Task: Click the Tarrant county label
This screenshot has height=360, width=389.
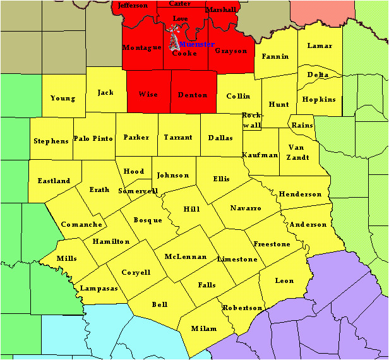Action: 177,138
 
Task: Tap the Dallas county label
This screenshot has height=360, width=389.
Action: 220,138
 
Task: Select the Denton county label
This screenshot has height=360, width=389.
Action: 193,95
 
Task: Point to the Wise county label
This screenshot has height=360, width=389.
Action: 148,95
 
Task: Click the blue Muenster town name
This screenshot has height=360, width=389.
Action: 196,44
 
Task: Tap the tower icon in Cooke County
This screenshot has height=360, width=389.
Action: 172,40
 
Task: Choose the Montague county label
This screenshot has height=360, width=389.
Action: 142,48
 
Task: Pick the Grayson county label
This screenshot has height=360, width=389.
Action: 230,51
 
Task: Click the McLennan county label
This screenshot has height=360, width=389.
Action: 185,257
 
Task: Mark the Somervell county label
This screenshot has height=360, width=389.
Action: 138,191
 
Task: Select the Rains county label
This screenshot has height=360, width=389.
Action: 302,125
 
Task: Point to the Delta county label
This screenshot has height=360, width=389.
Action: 318,75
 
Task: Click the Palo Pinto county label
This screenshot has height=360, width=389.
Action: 93,138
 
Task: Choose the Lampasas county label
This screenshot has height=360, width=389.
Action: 99,289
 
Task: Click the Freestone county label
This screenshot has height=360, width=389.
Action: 272,244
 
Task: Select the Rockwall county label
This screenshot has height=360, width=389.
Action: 252,121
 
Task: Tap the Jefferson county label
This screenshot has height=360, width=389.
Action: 133,6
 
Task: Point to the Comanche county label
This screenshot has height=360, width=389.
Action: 81,225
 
